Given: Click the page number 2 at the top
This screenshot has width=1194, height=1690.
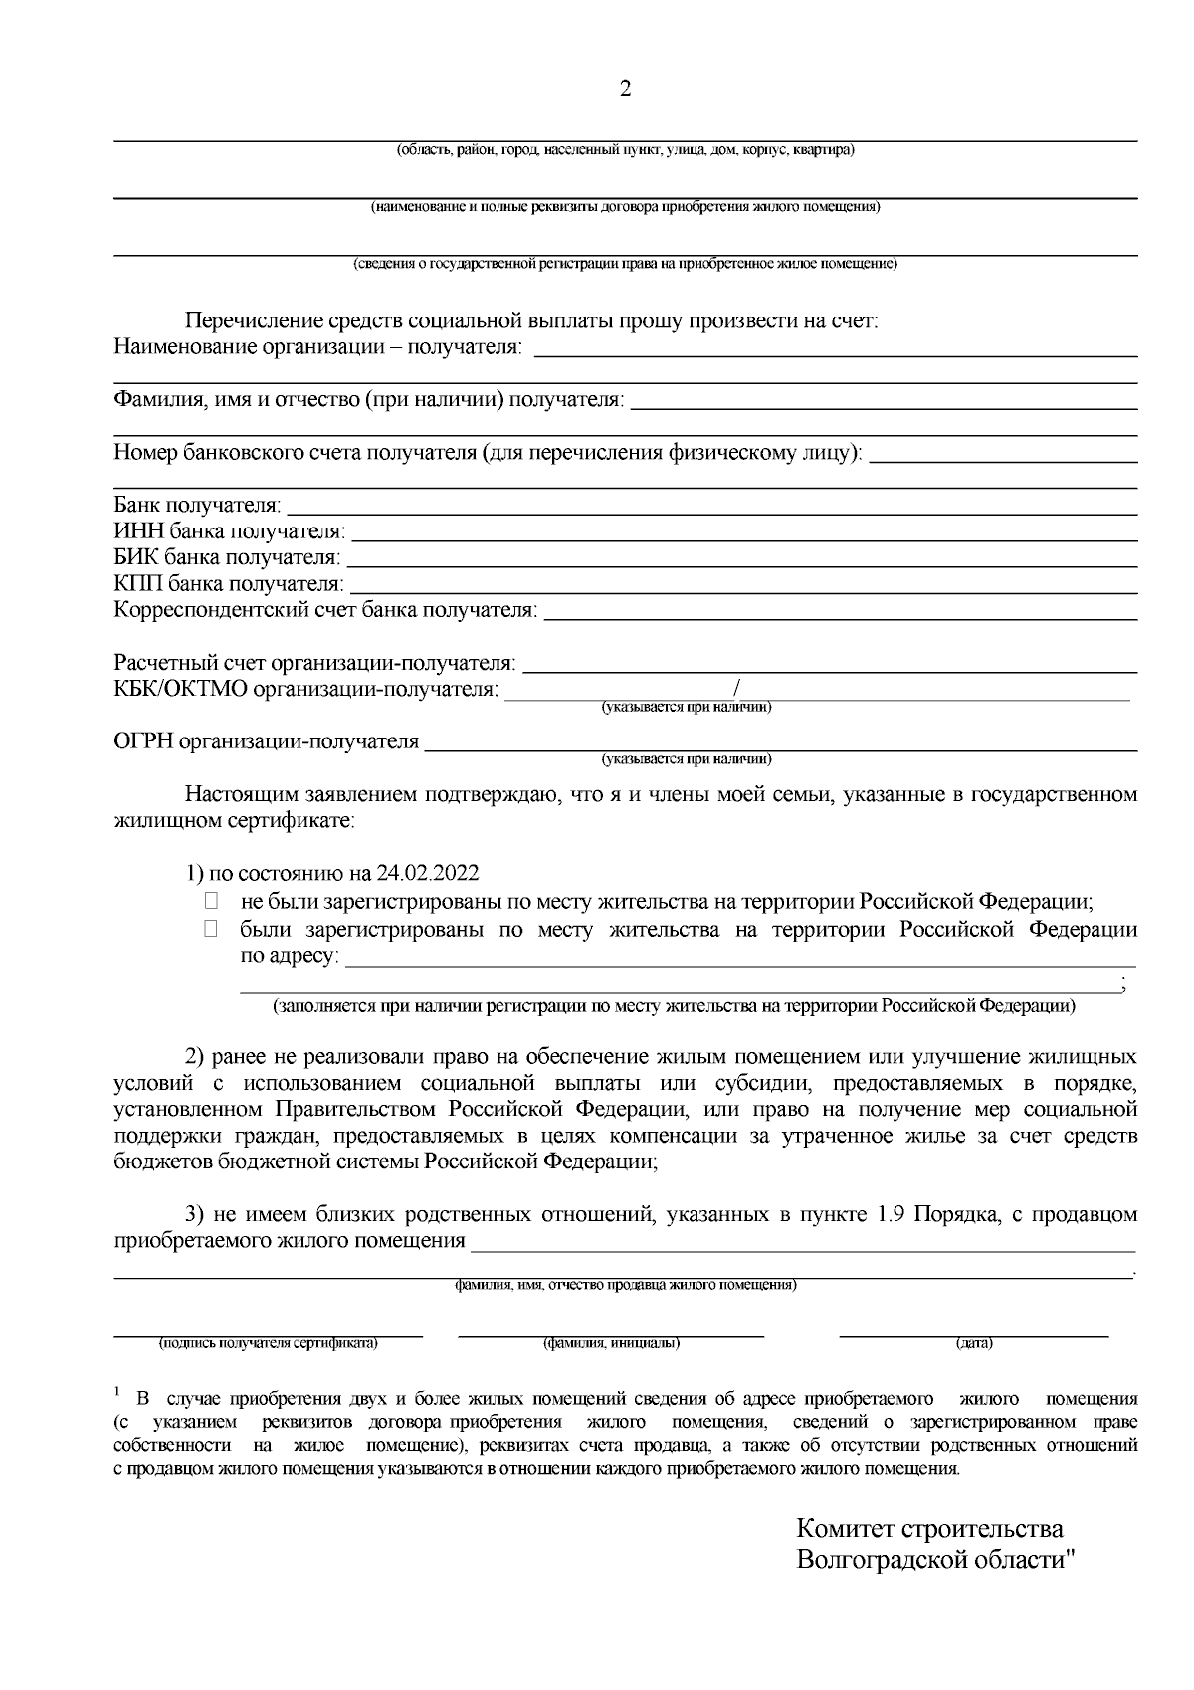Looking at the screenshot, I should pyautogui.click(x=625, y=89).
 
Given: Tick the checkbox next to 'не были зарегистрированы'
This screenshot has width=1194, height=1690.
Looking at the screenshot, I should pyautogui.click(x=210, y=902).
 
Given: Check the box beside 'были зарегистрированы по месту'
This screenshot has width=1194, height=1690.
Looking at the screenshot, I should pyautogui.click(x=210, y=930).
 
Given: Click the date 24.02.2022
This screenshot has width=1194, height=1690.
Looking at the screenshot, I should pyautogui.click(x=428, y=874).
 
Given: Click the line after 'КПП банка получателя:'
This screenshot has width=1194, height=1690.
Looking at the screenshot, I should pyautogui.click(x=744, y=584).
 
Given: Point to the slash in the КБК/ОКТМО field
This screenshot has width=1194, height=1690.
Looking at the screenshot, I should pyautogui.click(x=736, y=688).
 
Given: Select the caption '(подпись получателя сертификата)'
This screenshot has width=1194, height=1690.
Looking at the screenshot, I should pyautogui.click(x=268, y=1343).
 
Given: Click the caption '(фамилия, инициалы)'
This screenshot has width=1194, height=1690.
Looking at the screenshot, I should pyautogui.click(x=611, y=1343).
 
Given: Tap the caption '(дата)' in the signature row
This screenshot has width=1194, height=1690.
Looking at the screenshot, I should pyautogui.click(x=974, y=1343).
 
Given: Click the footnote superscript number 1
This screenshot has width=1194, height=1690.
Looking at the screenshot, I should pyautogui.click(x=117, y=1390).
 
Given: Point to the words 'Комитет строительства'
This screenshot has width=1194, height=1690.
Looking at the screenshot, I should pyautogui.click(x=929, y=1528).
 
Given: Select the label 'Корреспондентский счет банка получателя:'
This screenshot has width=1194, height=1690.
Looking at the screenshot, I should pyautogui.click(x=325, y=610).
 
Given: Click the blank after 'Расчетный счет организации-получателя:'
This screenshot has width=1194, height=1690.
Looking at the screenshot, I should pyautogui.click(x=830, y=664).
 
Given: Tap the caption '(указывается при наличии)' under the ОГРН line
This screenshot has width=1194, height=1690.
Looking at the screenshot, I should pyautogui.click(x=686, y=759).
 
